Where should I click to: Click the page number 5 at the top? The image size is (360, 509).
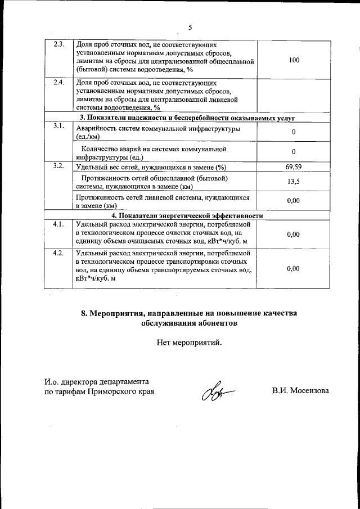point(190,26)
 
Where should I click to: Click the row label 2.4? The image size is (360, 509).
point(58,82)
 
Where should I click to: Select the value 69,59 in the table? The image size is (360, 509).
point(293,167)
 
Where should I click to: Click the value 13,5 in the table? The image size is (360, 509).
point(293,182)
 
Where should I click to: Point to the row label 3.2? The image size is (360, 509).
point(58,166)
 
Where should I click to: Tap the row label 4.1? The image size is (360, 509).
point(58,224)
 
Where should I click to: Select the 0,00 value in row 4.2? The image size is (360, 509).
point(293,269)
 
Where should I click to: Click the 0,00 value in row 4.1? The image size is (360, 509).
point(293,234)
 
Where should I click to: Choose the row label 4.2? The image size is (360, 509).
point(58,253)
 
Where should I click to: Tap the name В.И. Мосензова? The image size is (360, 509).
point(300,391)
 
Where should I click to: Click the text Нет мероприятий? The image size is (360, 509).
point(190,341)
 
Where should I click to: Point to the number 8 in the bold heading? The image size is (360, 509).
point(83,313)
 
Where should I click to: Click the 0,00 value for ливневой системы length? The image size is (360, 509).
point(293,200)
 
